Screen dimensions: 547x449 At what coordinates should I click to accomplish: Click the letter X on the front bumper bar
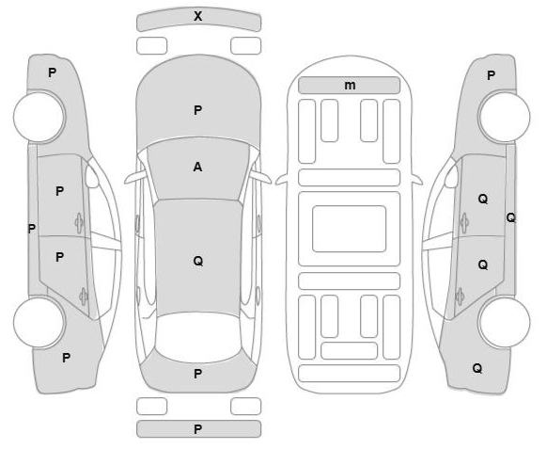click(x=197, y=16)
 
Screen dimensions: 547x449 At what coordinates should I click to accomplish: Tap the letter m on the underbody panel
click(x=350, y=86)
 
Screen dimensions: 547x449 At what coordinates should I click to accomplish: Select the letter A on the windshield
click(x=197, y=167)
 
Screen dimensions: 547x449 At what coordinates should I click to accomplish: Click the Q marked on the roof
click(x=198, y=261)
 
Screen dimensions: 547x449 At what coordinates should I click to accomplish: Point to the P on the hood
click(x=197, y=110)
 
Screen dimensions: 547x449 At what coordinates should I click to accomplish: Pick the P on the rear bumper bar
click(x=197, y=429)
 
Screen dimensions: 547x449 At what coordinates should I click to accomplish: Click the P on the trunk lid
click(x=197, y=374)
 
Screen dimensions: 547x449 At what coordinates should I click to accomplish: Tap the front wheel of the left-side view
click(x=39, y=117)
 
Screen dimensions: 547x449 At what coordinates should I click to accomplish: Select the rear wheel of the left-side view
click(x=39, y=322)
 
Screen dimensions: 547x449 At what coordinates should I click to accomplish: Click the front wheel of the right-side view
click(x=505, y=117)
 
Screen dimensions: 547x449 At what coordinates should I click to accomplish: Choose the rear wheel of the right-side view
click(x=505, y=322)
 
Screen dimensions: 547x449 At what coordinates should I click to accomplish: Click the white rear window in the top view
click(x=197, y=337)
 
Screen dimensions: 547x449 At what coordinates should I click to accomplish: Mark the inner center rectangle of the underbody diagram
click(x=350, y=229)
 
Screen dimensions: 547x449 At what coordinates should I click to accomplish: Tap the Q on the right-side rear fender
click(x=477, y=368)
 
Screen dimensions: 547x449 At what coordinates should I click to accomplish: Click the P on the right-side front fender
click(x=491, y=75)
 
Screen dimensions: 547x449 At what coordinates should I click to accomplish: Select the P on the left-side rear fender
click(x=66, y=358)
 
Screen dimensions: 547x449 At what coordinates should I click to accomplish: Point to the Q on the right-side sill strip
click(x=510, y=218)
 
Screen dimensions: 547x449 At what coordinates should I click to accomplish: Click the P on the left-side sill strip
click(x=31, y=229)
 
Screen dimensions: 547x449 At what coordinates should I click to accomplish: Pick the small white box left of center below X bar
click(x=151, y=46)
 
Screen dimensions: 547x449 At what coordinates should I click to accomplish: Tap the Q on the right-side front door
click(x=483, y=200)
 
